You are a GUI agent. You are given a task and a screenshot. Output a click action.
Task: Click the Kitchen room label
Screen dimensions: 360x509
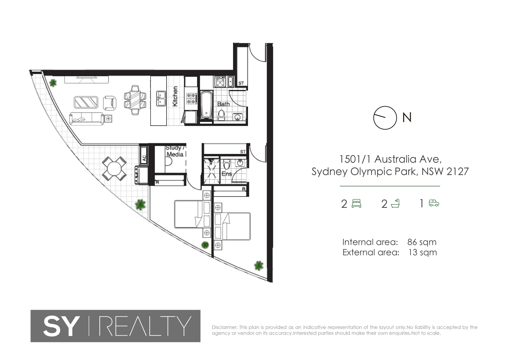click(x=175, y=97)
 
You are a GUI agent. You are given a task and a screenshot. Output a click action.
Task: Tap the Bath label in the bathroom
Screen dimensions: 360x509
click(x=223, y=104)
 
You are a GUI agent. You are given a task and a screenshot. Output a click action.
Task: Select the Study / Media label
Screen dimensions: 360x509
click(x=174, y=151)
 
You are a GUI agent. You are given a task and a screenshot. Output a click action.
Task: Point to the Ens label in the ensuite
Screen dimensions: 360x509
click(x=227, y=174)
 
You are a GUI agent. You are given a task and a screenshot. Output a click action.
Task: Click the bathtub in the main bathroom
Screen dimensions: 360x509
click(x=206, y=105)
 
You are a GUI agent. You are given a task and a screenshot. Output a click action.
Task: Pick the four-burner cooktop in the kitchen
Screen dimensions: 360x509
click(x=191, y=99)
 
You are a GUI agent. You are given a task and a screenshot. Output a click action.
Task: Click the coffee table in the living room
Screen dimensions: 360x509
click(x=86, y=102)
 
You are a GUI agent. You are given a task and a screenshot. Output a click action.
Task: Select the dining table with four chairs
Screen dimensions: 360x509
click(x=135, y=100)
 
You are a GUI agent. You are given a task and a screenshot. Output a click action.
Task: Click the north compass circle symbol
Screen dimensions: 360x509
click(x=385, y=118)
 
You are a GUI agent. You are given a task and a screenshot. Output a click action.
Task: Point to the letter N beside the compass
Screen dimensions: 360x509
click(x=407, y=117)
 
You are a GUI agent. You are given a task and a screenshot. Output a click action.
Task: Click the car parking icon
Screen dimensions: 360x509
click(x=434, y=203)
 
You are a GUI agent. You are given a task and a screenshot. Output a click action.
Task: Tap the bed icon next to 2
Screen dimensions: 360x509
click(x=356, y=203)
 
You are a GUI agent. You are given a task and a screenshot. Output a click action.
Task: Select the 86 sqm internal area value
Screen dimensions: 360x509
click(x=422, y=242)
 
